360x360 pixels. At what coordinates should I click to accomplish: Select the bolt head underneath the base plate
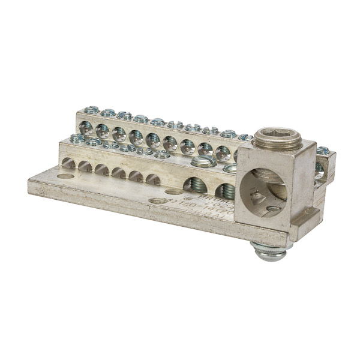[271, 251]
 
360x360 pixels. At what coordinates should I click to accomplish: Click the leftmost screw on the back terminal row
[91, 110]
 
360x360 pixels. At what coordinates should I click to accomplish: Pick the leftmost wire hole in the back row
[86, 127]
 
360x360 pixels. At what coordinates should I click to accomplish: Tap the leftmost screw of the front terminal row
[77, 139]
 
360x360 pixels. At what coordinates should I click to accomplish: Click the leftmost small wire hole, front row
[68, 163]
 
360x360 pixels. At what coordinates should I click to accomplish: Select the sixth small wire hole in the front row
[153, 179]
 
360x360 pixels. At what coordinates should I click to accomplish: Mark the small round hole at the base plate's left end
[65, 176]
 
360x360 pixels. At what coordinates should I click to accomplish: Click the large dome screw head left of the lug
[203, 161]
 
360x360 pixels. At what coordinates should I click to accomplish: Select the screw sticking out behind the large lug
[322, 151]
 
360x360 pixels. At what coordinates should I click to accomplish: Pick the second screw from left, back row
[108, 113]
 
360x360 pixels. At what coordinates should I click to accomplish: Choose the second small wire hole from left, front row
[85, 166]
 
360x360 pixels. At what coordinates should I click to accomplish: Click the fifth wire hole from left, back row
[153, 140]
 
